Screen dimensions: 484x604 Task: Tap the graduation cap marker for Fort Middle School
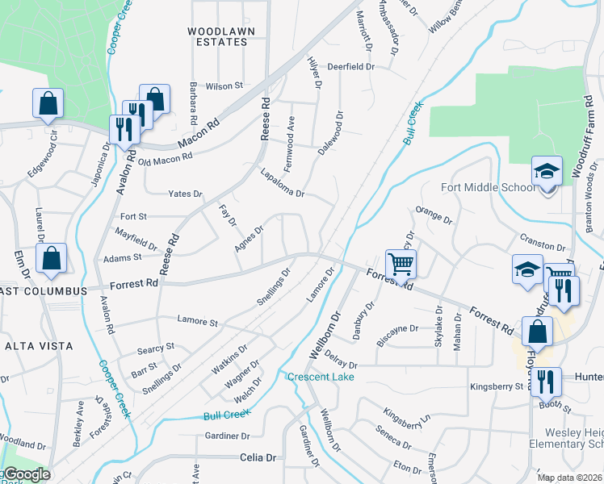547,172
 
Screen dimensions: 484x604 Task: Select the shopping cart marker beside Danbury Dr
401,264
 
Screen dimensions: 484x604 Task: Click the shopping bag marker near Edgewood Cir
48,103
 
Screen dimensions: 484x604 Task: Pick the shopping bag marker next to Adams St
51,260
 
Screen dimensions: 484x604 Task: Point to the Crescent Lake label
319,377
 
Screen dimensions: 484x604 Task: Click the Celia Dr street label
258,457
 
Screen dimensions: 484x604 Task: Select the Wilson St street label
224,86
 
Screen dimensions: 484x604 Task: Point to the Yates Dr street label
185,194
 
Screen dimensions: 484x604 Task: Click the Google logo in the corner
25,474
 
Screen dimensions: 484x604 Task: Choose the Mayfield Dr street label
135,240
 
